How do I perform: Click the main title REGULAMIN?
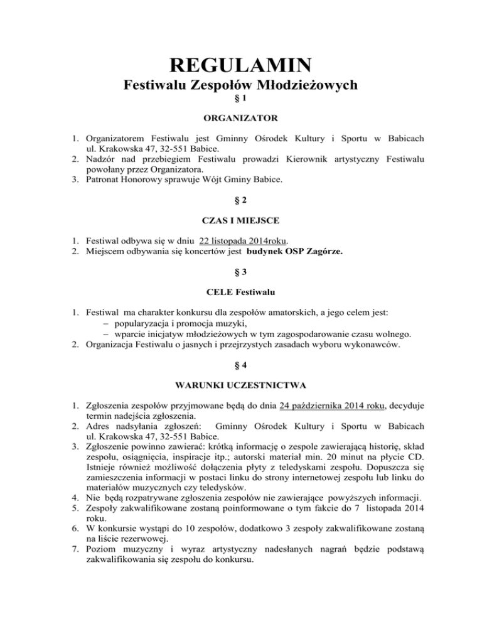241,65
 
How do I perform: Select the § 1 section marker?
241,99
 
